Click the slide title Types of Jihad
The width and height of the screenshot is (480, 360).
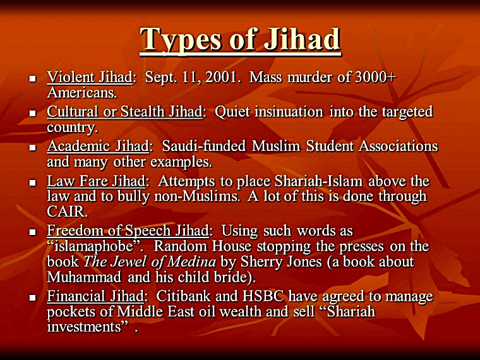[240, 39]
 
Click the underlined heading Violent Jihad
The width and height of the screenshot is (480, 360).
[89, 78]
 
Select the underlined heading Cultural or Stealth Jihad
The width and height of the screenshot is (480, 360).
[125, 112]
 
